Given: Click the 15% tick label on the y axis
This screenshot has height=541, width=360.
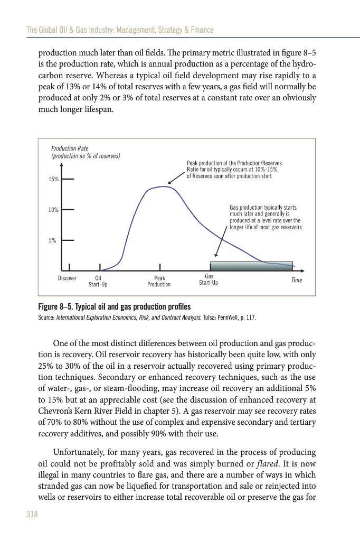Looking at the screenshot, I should [x=53, y=180].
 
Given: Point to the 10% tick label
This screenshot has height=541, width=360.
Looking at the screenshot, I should [x=53, y=210].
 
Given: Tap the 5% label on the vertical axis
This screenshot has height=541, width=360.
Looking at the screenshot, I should [x=53, y=240].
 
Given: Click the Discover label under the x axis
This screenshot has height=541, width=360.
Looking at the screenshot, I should [x=67, y=278].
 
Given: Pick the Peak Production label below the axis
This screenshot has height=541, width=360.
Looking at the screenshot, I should [x=159, y=281].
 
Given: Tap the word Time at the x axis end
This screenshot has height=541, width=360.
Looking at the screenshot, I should [x=296, y=280].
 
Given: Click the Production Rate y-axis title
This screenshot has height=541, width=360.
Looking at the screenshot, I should [x=85, y=152].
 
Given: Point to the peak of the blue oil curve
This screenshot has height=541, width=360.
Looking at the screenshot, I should [x=166, y=186].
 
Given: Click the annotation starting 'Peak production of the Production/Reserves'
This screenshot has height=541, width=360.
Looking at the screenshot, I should [x=232, y=170].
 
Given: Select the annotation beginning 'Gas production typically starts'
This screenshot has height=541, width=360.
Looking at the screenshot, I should [x=266, y=217].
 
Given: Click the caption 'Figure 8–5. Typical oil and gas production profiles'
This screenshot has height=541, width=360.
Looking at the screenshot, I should [x=115, y=307].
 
